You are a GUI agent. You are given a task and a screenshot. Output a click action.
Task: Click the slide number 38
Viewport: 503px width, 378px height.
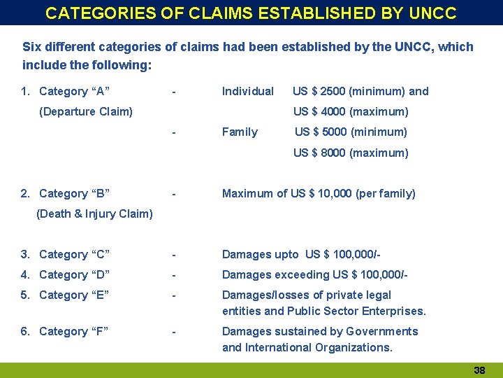479,370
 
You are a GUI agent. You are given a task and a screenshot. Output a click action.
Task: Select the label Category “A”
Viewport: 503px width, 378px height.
74,91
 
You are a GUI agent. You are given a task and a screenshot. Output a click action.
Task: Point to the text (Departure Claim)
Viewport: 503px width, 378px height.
86,111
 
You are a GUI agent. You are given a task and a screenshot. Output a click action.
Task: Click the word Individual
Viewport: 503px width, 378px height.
247,91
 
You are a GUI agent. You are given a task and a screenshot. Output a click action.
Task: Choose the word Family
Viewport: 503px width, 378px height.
240,132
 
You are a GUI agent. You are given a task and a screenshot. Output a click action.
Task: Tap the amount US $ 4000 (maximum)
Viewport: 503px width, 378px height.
351,111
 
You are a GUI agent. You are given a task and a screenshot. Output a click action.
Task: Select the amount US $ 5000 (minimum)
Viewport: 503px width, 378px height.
351,132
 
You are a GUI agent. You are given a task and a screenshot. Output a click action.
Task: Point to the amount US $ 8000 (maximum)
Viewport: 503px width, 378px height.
351,153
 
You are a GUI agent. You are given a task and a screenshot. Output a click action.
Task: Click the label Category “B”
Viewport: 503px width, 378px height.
74,193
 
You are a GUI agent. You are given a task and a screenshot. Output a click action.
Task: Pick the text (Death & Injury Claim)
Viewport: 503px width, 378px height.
94,213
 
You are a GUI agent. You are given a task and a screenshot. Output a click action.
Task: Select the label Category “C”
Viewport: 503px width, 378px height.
74,254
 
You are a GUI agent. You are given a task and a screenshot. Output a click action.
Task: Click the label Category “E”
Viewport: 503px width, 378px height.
74,295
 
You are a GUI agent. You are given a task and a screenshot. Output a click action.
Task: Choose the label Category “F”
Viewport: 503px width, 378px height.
74,331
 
